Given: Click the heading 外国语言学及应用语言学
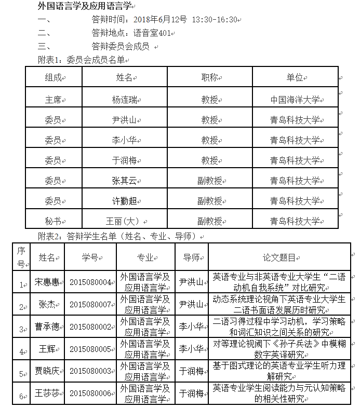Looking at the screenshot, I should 86,6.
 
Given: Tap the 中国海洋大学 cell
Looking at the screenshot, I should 295,100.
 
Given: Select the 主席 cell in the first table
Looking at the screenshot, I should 53,100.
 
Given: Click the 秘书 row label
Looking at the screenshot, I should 53,221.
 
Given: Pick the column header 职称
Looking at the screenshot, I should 209,77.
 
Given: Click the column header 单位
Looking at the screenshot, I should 295,77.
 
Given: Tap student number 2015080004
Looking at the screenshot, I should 90,283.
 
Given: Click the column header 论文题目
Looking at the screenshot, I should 279,257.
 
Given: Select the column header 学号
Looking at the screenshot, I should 90,257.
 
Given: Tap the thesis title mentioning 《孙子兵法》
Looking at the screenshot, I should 279,348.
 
